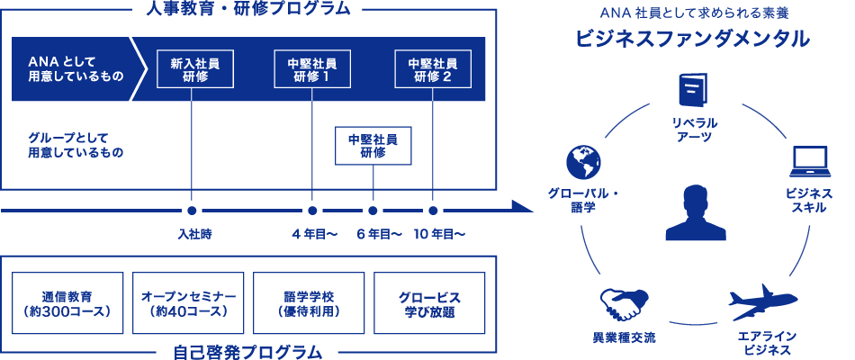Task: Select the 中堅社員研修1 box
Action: point(311,69)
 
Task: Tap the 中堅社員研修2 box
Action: point(432,69)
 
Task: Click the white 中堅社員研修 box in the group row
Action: point(372,146)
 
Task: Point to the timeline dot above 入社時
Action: point(192,211)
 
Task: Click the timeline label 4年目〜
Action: point(314,234)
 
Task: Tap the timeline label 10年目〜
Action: point(439,234)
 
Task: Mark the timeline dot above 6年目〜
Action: point(373,211)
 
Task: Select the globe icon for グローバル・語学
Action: point(583,161)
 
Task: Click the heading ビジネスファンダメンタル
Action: point(693,40)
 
